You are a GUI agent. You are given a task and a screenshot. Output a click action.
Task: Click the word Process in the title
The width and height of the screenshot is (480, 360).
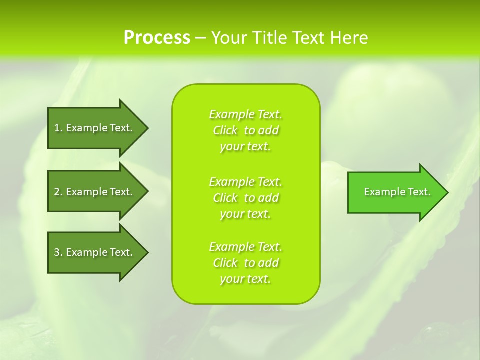157,38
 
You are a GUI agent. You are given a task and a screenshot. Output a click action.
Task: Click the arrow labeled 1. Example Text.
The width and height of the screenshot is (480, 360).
95,128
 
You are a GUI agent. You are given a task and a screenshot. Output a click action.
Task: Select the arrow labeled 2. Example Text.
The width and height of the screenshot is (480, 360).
95,192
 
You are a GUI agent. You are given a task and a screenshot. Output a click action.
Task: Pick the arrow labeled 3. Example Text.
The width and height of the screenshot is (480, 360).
95,252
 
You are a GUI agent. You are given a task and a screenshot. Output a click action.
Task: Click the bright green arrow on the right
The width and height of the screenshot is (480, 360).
395,192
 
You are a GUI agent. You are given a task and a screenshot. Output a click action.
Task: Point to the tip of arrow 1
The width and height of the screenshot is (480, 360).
147,128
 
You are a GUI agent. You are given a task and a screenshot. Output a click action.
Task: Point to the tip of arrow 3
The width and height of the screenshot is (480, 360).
147,252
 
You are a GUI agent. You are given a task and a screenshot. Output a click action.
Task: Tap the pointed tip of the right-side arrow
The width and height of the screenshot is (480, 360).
447,192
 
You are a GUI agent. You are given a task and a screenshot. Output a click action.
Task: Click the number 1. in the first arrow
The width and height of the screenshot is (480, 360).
58,128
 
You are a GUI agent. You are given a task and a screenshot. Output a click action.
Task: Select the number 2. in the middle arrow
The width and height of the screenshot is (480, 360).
58,192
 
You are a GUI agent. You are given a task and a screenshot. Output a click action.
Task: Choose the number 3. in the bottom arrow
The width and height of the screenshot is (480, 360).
58,252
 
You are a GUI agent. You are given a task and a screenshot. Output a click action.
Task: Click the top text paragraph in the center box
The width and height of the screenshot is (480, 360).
245,130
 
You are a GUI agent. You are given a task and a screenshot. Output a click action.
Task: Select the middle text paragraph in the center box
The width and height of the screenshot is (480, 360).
245,198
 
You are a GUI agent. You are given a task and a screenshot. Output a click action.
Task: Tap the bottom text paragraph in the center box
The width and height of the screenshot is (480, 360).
245,263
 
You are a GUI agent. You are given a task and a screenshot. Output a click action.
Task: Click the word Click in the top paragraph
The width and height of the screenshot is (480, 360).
225,130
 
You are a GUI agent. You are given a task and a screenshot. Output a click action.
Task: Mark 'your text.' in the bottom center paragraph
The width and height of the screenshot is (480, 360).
245,279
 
